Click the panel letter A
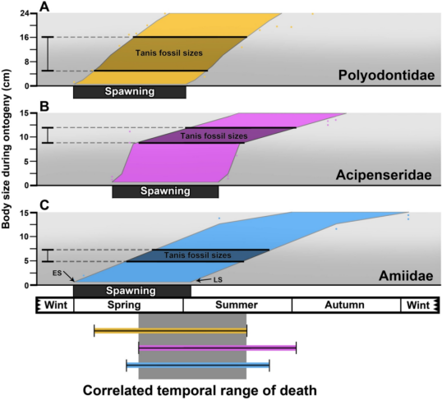(x=44, y=7)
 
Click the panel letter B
(x=44, y=107)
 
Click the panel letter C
(x=44, y=205)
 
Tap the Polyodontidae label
(x=386, y=76)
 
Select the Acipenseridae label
(x=384, y=175)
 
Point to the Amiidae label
(x=406, y=275)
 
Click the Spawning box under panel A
(x=130, y=92)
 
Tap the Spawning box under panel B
(x=165, y=191)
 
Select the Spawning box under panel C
(x=132, y=292)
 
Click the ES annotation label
(x=57, y=273)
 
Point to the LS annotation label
(x=218, y=280)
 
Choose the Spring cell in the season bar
(x=128, y=305)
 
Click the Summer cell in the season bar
(x=237, y=305)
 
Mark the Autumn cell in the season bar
(x=346, y=305)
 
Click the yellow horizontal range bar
(x=171, y=331)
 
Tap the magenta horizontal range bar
(x=218, y=348)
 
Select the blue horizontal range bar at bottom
(x=198, y=366)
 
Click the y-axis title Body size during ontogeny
(x=6, y=149)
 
